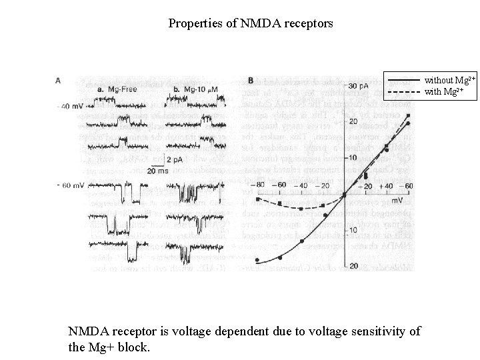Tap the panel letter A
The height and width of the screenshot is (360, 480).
click(59, 81)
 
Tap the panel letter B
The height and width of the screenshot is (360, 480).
click(251, 81)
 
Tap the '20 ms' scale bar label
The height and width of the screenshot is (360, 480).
click(157, 171)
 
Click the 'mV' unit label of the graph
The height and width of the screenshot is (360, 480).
click(396, 199)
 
